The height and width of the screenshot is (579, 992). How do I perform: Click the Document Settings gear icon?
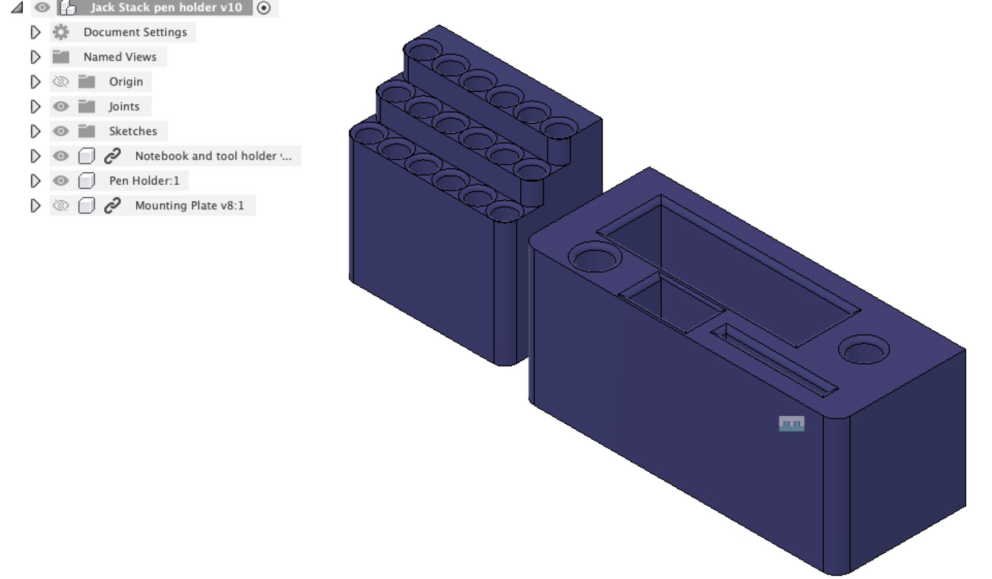(61, 32)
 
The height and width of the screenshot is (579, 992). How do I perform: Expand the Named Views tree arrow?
(35, 57)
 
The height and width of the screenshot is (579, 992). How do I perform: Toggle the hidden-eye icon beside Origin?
(61, 82)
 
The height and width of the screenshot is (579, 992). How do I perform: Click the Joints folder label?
(124, 106)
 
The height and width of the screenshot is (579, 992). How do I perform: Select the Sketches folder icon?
(86, 131)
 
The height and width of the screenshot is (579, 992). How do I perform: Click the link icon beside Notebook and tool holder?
(112, 156)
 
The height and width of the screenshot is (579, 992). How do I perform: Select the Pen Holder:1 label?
(144, 181)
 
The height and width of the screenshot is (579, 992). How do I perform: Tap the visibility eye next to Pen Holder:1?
(61, 181)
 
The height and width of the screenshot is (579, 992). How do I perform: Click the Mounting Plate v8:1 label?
(189, 205)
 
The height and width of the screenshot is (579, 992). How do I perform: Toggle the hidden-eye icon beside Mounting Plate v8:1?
(61, 205)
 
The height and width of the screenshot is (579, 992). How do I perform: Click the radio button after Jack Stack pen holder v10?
(264, 8)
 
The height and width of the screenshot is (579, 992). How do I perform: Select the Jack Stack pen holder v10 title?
(166, 7)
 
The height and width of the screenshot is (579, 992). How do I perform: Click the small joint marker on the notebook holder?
(791, 424)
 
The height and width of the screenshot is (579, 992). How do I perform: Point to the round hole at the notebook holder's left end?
(595, 256)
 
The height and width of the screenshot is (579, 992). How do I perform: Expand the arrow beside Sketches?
(35, 131)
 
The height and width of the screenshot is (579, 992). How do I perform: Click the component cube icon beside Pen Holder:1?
(86, 181)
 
